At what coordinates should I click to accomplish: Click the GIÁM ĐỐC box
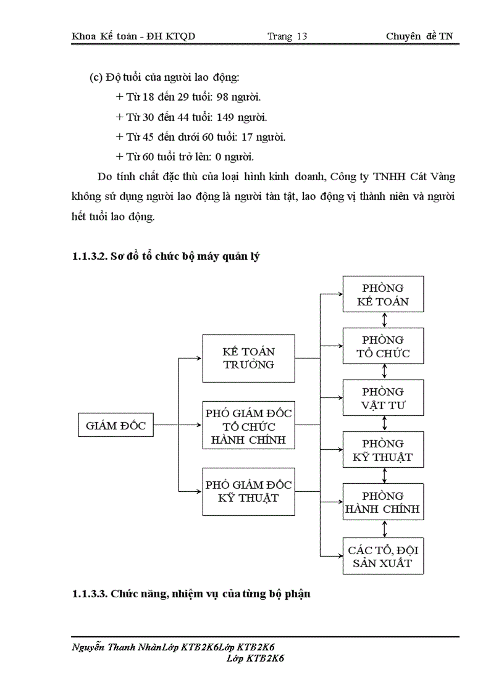[115, 425]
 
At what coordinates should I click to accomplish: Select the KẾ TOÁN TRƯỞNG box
[249, 358]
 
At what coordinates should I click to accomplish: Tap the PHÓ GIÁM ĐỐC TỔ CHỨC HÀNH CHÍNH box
[249, 426]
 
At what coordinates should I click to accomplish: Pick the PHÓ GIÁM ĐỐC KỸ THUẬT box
[249, 492]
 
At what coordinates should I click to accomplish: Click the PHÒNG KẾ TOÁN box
[383, 296]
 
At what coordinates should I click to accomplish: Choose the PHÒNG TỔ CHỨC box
[383, 347]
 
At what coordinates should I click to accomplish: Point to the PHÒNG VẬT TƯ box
[383, 399]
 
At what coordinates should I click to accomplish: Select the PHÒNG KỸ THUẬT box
[383, 450]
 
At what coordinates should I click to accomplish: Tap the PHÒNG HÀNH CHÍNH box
[383, 502]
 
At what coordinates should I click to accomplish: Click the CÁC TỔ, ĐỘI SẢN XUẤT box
[383, 556]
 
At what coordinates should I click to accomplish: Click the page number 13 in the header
[301, 36]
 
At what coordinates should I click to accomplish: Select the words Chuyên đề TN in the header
[419, 36]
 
